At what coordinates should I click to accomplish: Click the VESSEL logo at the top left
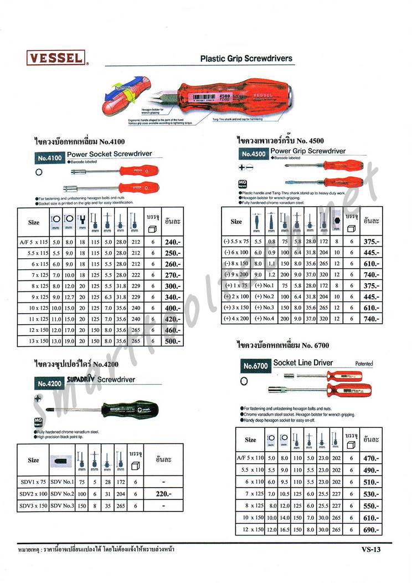tap(55, 57)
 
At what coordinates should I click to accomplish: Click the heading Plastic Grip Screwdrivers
tap(246, 58)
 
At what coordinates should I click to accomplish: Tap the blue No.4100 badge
tap(49, 158)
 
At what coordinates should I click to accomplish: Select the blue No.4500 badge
tap(253, 154)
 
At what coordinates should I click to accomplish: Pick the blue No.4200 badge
tap(49, 383)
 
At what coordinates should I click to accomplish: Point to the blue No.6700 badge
tap(256, 366)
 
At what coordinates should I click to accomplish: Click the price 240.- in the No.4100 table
tap(172, 242)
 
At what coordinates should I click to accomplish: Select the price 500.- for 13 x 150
tap(172, 342)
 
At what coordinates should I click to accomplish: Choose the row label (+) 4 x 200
tap(236, 319)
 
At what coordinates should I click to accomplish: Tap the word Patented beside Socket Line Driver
tap(364, 364)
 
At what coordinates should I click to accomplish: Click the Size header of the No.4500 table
tap(236, 221)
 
